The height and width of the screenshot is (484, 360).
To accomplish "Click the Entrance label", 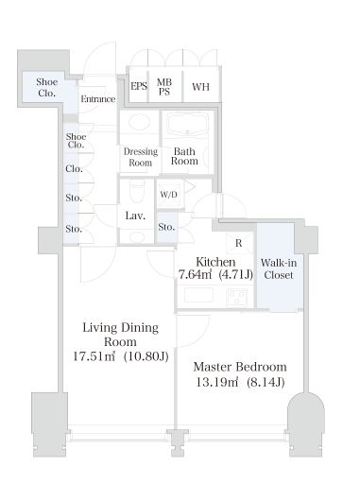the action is point(98,99).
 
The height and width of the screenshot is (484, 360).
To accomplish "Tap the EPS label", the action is point(139,86).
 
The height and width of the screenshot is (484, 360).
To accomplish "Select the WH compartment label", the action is point(200,87).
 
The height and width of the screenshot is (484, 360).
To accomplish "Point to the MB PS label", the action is point(164,87).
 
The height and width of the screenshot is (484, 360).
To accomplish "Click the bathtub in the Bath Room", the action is point(188,124).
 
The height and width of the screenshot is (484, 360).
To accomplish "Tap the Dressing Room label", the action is point(141,157).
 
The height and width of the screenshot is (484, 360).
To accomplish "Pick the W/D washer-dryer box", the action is point(170,194).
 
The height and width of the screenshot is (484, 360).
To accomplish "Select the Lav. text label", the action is point(135,216).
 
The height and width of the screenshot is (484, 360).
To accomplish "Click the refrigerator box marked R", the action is point(239,243).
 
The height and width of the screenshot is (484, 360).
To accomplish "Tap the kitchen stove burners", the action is point(236,297).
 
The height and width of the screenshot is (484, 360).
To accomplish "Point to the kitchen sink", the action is point(198,296).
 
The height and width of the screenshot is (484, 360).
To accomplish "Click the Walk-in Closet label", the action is point(279,268).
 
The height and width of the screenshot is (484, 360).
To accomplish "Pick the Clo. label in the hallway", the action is point(74,169).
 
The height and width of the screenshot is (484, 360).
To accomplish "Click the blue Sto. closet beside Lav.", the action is point(166,227).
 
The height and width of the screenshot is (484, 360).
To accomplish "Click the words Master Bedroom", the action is point(240,367).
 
